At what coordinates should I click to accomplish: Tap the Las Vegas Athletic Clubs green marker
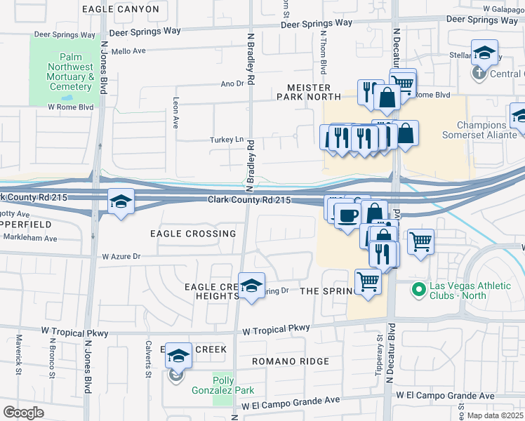pyautogui.click(x=419, y=288)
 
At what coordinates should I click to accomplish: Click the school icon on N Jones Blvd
pyautogui.click(x=121, y=203)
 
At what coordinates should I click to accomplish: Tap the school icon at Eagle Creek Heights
pyautogui.click(x=251, y=286)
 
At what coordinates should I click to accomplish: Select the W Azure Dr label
pyautogui.click(x=121, y=257)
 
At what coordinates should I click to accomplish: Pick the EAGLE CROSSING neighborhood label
pyautogui.click(x=193, y=234)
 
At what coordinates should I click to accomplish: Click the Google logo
pyautogui.click(x=23, y=413)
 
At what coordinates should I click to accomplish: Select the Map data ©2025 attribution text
pyautogui.click(x=493, y=415)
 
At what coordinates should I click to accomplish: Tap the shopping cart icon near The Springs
pyautogui.click(x=368, y=282)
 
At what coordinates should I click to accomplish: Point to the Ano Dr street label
pyautogui.click(x=231, y=83)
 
